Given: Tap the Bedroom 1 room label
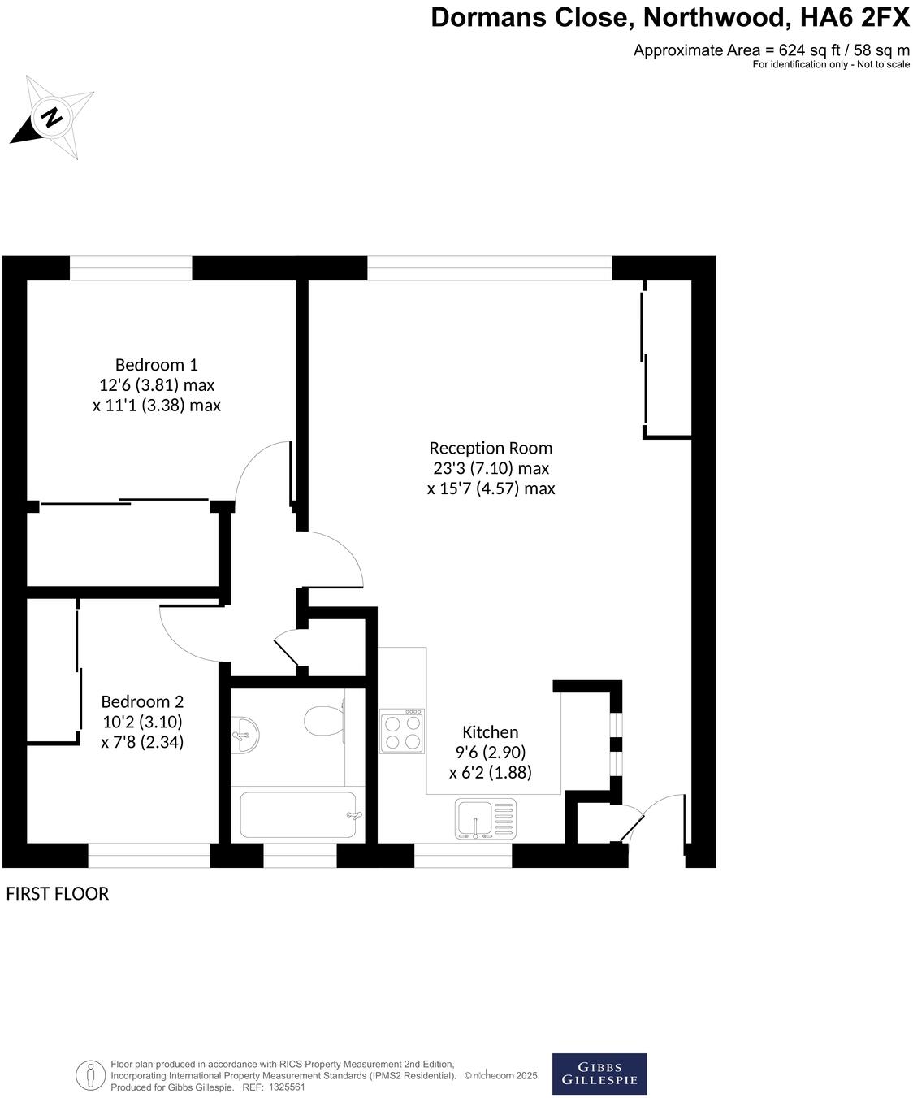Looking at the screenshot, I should pos(156,364).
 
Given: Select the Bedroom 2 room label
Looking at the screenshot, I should pos(142,701).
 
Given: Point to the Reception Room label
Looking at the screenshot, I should pos(491,448).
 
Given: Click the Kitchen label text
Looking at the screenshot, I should pos(490,732).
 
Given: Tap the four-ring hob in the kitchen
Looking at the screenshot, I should pos(402,731).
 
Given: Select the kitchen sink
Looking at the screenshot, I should pos(485,818).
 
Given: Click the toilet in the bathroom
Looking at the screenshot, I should pos(323,719).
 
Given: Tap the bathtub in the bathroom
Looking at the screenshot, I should pos(298,815).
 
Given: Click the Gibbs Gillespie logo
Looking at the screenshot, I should pos(599,1074).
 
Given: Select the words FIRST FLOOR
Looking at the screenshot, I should pos(57,894).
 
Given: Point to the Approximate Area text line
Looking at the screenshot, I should pos(771,50).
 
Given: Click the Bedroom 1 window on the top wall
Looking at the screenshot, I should pos(131,268).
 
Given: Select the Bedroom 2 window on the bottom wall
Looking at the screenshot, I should pos(149,855).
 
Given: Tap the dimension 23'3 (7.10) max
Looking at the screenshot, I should pos(491,468).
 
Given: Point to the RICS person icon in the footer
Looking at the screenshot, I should pos(89,1075).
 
